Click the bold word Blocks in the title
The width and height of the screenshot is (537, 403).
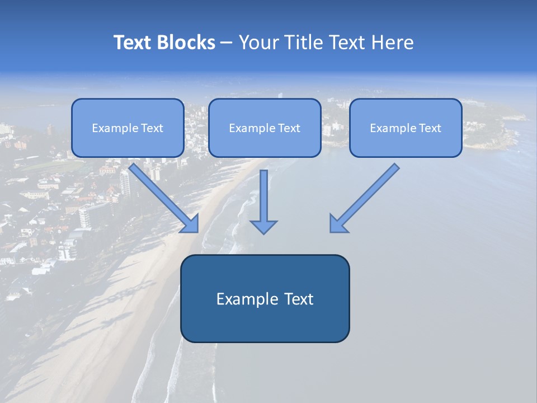[186, 43]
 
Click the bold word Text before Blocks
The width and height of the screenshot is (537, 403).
[134, 43]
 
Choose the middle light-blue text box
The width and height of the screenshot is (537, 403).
[265, 143]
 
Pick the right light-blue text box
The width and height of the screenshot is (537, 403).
[406, 143]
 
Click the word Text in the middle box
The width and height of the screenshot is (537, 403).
[289, 128]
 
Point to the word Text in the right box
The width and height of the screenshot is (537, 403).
[430, 128]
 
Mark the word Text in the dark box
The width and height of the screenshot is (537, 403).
[299, 299]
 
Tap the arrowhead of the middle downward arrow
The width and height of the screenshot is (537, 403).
[263, 227]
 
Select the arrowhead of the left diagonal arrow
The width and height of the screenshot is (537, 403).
[191, 224]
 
